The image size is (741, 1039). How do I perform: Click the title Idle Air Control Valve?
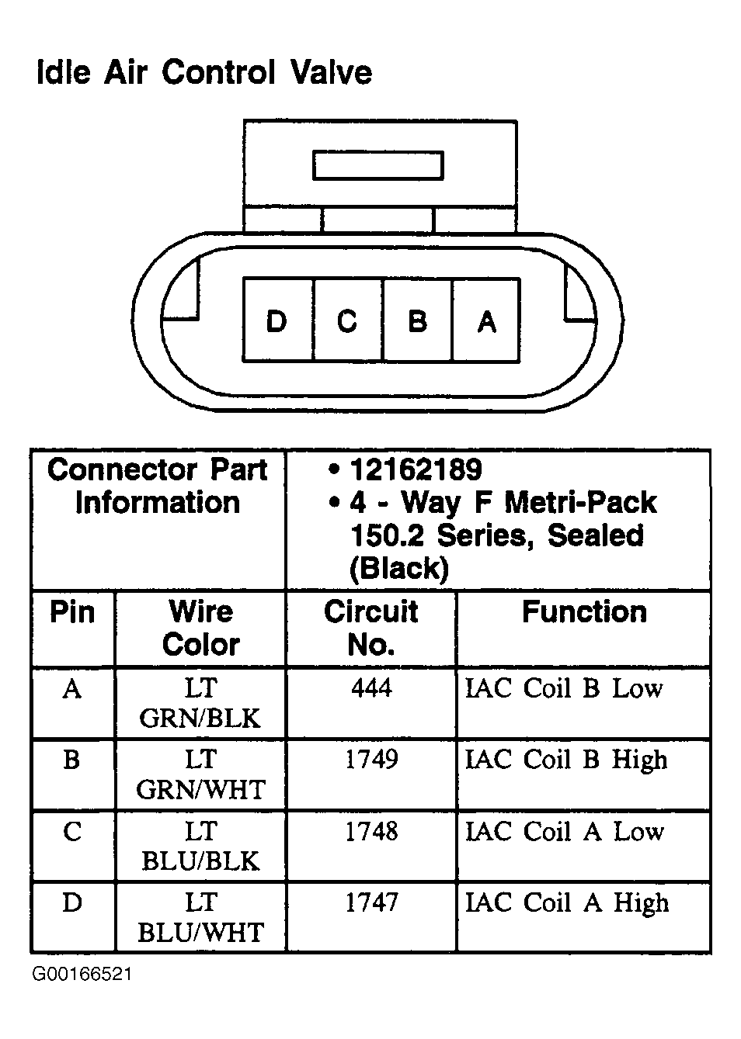coord(204,73)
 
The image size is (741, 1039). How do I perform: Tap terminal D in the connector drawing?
coord(277,320)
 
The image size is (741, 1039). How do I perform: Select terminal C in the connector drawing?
coord(347,320)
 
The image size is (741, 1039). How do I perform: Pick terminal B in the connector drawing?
coord(417,320)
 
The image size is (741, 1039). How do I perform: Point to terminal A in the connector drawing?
coord(486,320)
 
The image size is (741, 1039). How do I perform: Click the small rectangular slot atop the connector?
coord(377,165)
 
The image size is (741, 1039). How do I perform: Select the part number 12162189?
coord(416,469)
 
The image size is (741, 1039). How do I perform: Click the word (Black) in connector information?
coord(399,570)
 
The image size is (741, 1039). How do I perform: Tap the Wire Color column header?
coord(200,628)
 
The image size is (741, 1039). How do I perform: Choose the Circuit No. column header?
coord(371,628)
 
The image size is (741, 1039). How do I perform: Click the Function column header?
coord(584,612)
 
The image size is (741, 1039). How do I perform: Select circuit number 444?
coord(371,687)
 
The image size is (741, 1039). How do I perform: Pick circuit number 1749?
coord(371,759)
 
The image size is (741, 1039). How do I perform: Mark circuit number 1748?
coord(371,831)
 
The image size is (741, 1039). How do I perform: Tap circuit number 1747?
coord(371,902)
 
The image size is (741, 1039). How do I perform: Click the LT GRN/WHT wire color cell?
coord(200,774)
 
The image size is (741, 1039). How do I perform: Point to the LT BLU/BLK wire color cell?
coord(200,846)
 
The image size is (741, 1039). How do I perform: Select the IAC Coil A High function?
coord(566,903)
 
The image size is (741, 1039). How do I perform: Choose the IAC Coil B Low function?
coord(564,688)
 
